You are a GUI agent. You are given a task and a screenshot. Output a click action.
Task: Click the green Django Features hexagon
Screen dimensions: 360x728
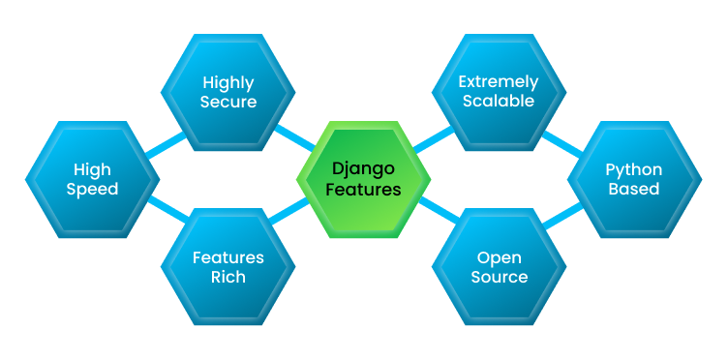tap(363, 179)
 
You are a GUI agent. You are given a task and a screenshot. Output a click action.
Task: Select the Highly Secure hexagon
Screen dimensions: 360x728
tap(228, 91)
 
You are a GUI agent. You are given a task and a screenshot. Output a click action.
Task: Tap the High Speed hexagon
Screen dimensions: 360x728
tap(92, 179)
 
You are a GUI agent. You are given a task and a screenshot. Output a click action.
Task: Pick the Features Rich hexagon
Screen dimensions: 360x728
tap(228, 266)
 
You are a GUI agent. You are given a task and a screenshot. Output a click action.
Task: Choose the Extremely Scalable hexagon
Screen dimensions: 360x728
tap(499, 91)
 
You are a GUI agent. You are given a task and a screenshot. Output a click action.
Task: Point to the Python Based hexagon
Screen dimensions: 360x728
tap(634, 179)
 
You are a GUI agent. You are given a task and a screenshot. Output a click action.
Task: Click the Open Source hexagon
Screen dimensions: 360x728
tap(499, 266)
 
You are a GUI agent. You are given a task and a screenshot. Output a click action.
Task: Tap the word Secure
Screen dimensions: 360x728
tap(228, 102)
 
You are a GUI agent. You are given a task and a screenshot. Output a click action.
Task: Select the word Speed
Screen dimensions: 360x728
tap(92, 190)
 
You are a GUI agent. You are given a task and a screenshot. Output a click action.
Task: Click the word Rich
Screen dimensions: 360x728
tap(228, 278)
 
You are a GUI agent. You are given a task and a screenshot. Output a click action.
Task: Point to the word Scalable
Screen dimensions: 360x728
tap(499, 102)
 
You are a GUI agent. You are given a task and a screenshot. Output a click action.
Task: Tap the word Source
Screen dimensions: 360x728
tap(499, 278)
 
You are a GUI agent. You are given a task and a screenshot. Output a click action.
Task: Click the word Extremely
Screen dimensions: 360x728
tap(499, 81)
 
